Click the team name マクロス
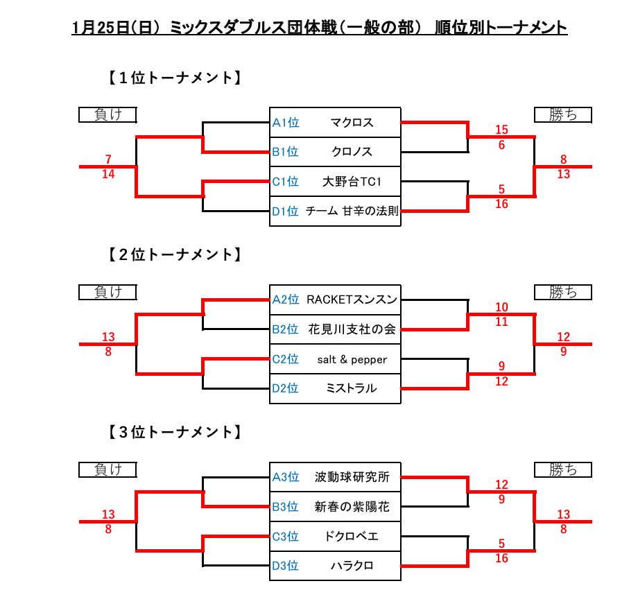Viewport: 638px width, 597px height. (352, 123)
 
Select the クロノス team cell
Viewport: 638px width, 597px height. (352, 152)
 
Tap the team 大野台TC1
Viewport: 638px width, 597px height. (352, 182)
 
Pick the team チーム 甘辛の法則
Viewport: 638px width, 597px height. (352, 211)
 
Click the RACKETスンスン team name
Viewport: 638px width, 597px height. (352, 300)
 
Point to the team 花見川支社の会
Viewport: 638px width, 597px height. (352, 329)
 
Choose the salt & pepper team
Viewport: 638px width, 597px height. (352, 359)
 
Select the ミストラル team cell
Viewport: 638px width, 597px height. (352, 388)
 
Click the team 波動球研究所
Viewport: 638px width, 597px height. (352, 477)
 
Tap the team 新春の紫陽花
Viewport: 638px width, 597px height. (352, 507)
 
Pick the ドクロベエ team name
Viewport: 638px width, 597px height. (352, 536)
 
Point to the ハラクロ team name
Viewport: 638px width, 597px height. (352, 566)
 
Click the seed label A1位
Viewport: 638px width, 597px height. (285, 123)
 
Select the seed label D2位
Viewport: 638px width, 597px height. (285, 388)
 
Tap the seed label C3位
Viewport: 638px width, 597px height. (285, 536)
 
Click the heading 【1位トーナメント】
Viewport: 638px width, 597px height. (173, 78)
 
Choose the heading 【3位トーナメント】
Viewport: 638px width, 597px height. (173, 433)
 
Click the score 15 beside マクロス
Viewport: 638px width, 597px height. (502, 130)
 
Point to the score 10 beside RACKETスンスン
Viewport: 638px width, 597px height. (502, 307)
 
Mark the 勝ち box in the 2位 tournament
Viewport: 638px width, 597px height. (563, 292)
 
